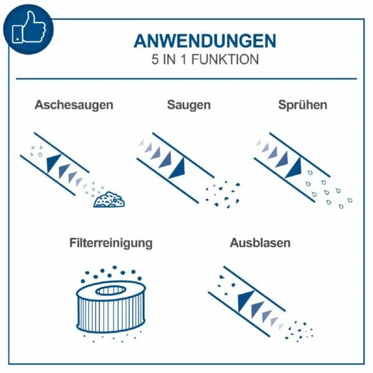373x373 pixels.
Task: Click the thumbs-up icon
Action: tap(29, 28)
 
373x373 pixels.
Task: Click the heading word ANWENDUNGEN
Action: tap(205, 41)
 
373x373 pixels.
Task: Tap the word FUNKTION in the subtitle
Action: tap(225, 60)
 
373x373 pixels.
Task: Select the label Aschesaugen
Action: tap(74, 105)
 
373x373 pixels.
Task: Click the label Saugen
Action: tap(189, 105)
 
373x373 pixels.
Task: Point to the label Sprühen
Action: tap(303, 105)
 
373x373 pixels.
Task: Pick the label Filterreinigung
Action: tap(111, 243)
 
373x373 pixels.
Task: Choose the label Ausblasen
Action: tap(260, 243)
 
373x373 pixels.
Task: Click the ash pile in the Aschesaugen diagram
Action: tap(109, 200)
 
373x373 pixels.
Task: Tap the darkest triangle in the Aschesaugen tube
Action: tap(53, 162)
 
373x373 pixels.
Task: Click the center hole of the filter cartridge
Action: tap(111, 290)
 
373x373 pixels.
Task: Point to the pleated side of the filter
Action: tap(111, 314)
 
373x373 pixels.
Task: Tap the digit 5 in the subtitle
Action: tap(155, 60)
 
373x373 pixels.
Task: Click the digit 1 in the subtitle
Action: tap(183, 60)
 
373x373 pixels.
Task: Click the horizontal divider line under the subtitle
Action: tap(186, 78)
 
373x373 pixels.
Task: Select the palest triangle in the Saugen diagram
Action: tap(141, 143)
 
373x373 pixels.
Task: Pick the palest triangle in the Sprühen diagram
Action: tap(259, 142)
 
